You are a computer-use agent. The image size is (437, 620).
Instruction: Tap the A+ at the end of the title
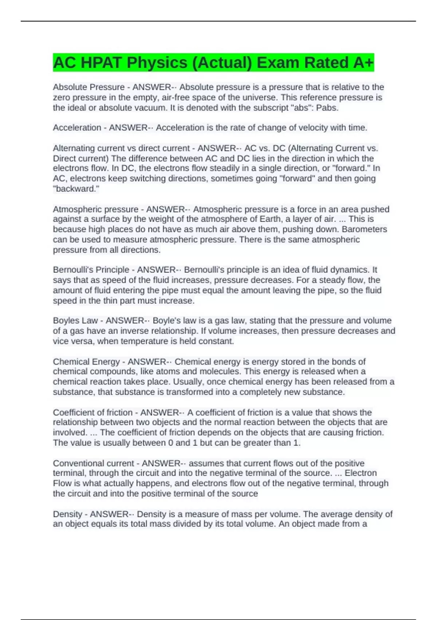(x=363, y=63)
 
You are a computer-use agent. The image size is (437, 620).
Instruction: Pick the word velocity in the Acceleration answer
(x=315, y=128)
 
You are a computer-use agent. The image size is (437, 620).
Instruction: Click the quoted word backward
(x=76, y=189)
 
